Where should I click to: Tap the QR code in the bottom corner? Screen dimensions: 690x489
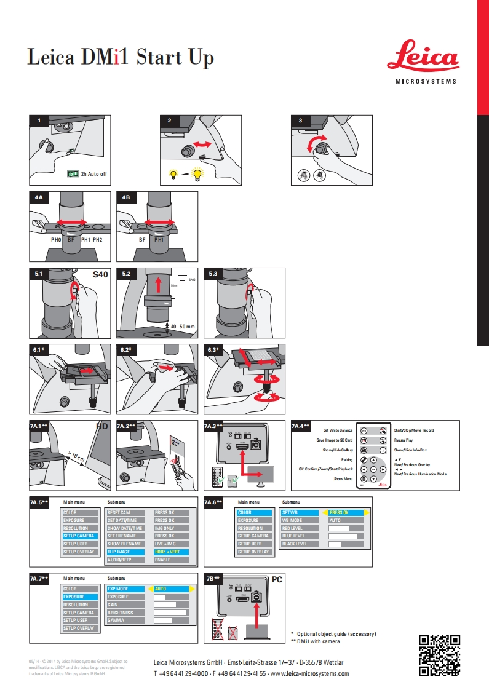(x=439, y=655)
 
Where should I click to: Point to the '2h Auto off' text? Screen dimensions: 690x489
(x=93, y=174)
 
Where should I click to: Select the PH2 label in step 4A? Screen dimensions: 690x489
(x=97, y=240)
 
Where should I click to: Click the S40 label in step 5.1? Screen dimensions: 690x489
(x=100, y=275)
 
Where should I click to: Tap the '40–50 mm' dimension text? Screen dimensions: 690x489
(x=183, y=327)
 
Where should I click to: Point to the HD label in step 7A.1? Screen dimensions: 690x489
(x=101, y=426)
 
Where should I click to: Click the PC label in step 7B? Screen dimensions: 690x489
(x=277, y=579)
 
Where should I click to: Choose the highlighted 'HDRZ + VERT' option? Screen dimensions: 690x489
(x=171, y=552)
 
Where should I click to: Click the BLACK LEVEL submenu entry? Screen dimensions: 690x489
(x=295, y=544)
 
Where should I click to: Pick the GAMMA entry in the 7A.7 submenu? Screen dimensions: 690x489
(x=117, y=620)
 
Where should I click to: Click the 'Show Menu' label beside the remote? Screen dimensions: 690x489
(x=343, y=478)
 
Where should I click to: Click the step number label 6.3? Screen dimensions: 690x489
(x=213, y=351)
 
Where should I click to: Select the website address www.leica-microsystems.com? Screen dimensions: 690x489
(x=311, y=673)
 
